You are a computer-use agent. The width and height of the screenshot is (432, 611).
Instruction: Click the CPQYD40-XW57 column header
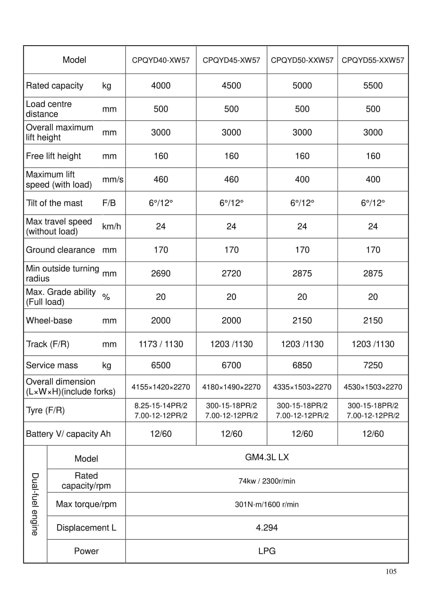tap(161, 60)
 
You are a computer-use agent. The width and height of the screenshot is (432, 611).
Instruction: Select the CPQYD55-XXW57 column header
tap(373, 60)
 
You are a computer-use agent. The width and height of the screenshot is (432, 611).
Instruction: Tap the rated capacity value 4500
tap(231, 85)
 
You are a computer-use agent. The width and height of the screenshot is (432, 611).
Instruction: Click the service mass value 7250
tap(373, 365)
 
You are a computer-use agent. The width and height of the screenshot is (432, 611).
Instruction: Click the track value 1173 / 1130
tap(161, 344)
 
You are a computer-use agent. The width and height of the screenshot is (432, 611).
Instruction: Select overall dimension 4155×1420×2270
tap(161, 387)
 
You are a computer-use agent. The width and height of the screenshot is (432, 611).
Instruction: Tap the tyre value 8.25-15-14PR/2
tap(161, 405)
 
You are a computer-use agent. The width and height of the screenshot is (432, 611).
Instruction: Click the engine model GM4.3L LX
tap(267, 457)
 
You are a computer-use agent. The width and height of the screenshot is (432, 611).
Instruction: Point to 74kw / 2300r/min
tap(267, 481)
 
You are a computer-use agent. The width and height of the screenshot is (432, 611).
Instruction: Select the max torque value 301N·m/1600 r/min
tap(267, 504)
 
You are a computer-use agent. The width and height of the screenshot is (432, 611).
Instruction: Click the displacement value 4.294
tap(267, 528)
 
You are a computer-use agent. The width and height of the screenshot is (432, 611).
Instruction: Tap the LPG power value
tap(267, 551)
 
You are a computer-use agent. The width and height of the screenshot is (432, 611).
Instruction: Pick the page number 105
tap(391, 571)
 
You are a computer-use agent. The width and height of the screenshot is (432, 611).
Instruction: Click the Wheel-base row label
tap(49, 320)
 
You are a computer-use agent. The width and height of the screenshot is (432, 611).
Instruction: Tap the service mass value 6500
tap(161, 365)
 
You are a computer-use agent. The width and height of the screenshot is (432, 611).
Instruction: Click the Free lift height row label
tap(53, 156)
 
